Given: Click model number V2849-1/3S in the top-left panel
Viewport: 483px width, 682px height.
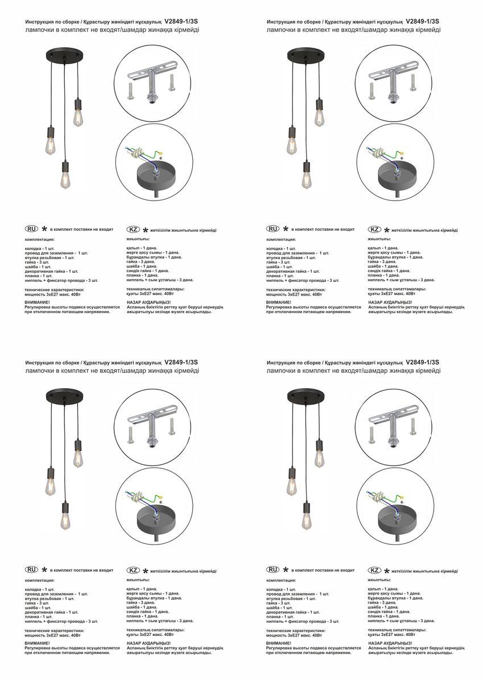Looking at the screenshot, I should pyautogui.click(x=181, y=21).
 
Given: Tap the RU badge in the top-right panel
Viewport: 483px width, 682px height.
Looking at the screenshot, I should pyautogui.click(x=273, y=229).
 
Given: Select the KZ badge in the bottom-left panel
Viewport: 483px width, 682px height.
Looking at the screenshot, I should pyautogui.click(x=133, y=570).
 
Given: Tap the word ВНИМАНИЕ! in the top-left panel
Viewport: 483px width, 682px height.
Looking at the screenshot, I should pyautogui.click(x=38, y=302).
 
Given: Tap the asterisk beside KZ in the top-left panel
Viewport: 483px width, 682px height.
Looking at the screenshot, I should pyautogui.click(x=146, y=230).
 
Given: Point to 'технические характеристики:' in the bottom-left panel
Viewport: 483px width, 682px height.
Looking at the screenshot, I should pyautogui.click(x=55, y=631).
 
